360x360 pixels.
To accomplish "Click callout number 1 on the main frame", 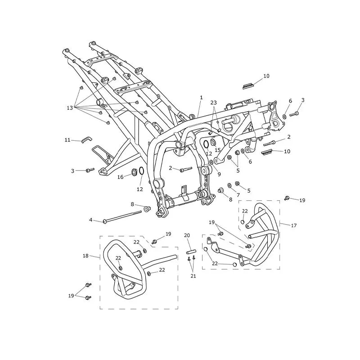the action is [x=201, y=98].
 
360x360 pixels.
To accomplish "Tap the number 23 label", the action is [x=213, y=103].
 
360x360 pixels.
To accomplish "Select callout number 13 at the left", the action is [x=70, y=108].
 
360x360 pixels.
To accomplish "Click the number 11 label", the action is [x=67, y=139].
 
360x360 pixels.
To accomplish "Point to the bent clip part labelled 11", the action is [x=86, y=139].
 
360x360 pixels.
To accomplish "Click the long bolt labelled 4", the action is [x=122, y=216].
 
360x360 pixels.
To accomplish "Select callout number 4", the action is [x=91, y=220].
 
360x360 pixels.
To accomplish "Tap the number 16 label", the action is [x=120, y=177].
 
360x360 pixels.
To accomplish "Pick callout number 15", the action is [x=217, y=150].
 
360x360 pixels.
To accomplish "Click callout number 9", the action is [x=219, y=174].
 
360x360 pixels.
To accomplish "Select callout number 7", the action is [x=238, y=195].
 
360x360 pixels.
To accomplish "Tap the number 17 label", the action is [x=294, y=225].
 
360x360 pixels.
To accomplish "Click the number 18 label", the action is [x=85, y=256].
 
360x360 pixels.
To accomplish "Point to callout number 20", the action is [x=187, y=235].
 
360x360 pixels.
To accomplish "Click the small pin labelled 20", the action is [x=191, y=252].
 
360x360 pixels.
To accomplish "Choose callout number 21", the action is [x=193, y=276].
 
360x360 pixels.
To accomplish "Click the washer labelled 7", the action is [x=229, y=185].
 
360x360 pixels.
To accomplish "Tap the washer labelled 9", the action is [x=211, y=162].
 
